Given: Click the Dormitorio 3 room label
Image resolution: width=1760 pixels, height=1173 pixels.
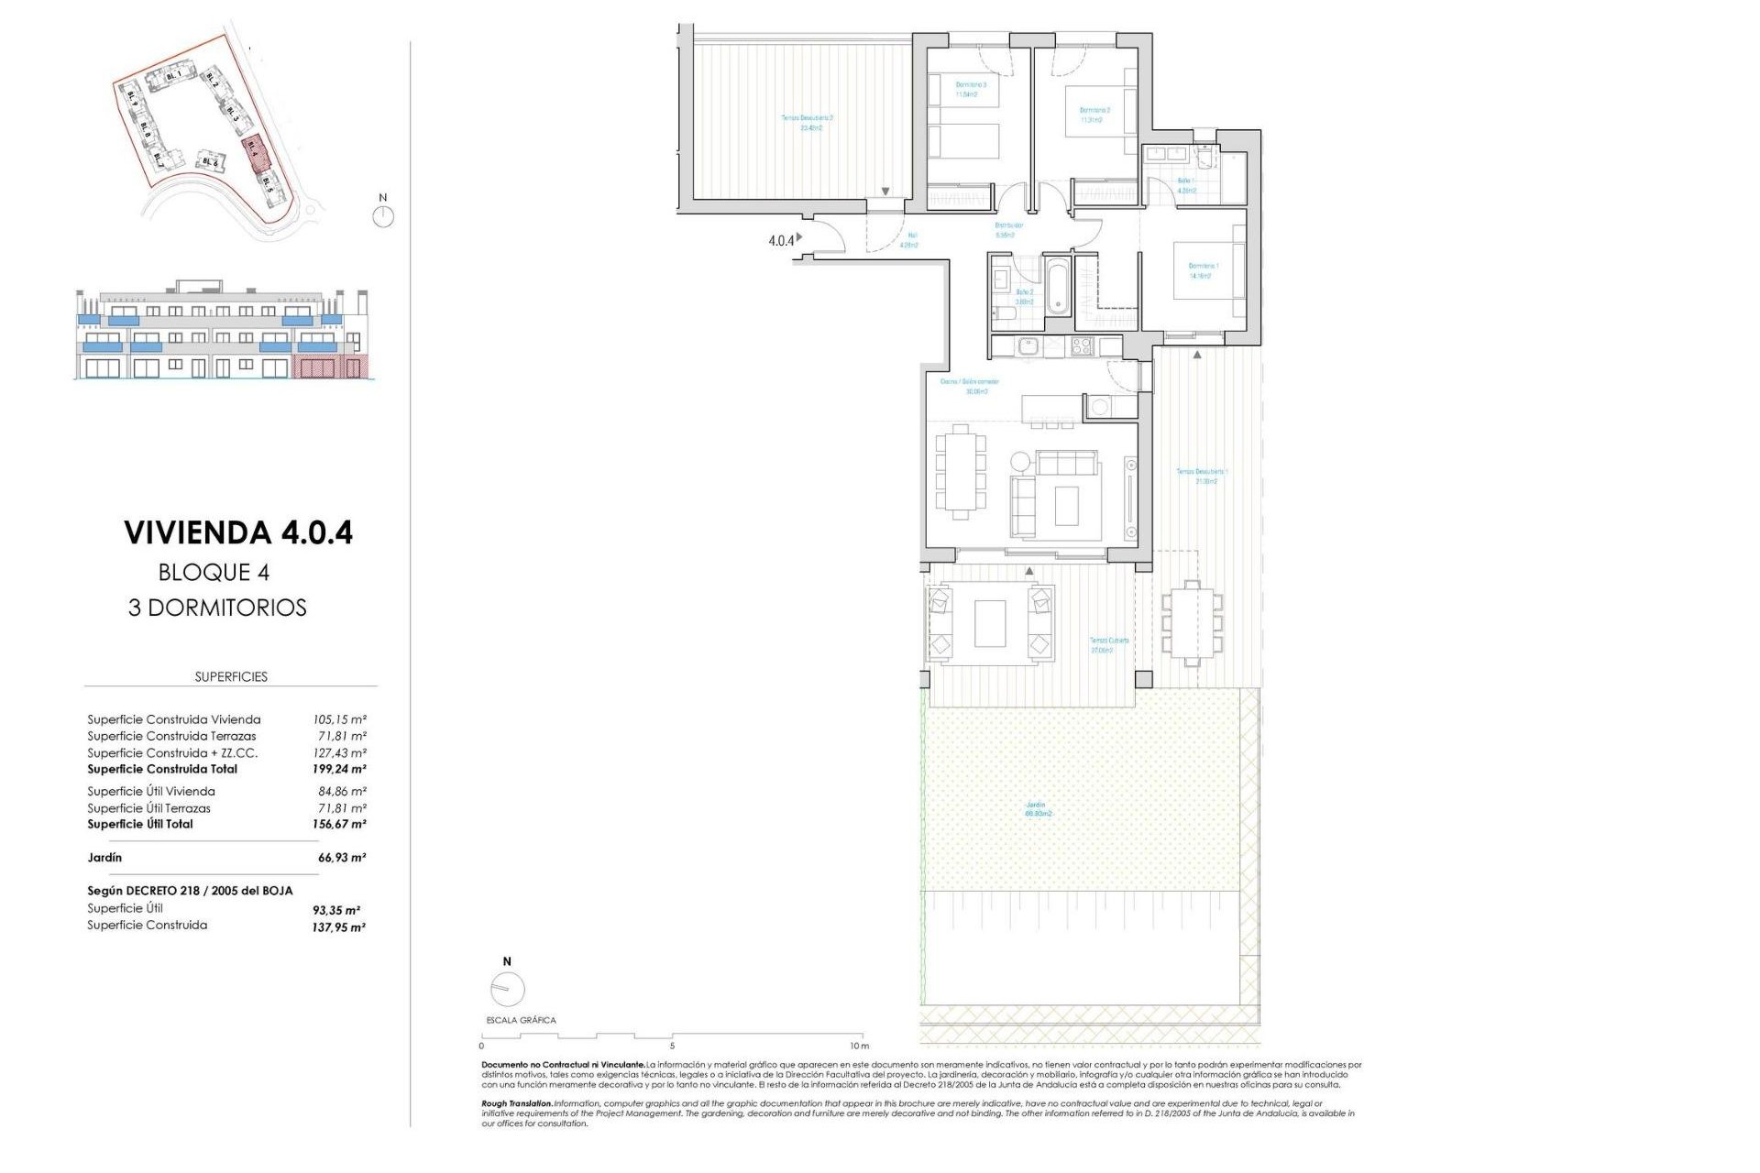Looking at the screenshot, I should (971, 89).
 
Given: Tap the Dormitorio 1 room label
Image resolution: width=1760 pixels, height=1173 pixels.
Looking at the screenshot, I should (1203, 270).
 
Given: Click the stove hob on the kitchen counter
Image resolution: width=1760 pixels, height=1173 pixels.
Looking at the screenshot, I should (1082, 346).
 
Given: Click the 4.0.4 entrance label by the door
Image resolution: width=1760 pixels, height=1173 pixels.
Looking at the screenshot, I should (781, 241).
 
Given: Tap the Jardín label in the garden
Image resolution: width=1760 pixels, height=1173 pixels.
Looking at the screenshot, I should (1037, 809).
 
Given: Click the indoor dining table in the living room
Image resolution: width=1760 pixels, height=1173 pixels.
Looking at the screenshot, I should (960, 472).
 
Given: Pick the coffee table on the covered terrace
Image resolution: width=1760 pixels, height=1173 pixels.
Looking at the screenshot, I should (990, 623).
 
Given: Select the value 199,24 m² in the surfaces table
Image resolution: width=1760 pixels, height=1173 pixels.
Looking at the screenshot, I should (338, 770).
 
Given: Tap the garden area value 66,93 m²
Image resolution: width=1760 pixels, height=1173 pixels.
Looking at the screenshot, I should (341, 858).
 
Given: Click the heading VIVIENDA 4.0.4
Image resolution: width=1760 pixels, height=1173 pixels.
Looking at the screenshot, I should (238, 532).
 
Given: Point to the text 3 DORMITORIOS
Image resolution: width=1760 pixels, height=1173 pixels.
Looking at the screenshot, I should (218, 608).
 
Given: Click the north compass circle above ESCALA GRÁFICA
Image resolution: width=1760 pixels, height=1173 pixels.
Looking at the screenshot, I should (507, 989).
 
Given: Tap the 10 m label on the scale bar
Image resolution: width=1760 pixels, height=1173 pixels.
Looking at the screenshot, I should (858, 1046).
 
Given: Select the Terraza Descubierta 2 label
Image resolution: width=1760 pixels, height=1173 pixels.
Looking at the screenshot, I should (807, 123).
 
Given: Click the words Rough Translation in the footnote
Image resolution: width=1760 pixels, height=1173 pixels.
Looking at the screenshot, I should (516, 1103).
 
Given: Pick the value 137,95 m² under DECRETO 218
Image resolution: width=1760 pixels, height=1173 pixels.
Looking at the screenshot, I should (338, 927).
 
